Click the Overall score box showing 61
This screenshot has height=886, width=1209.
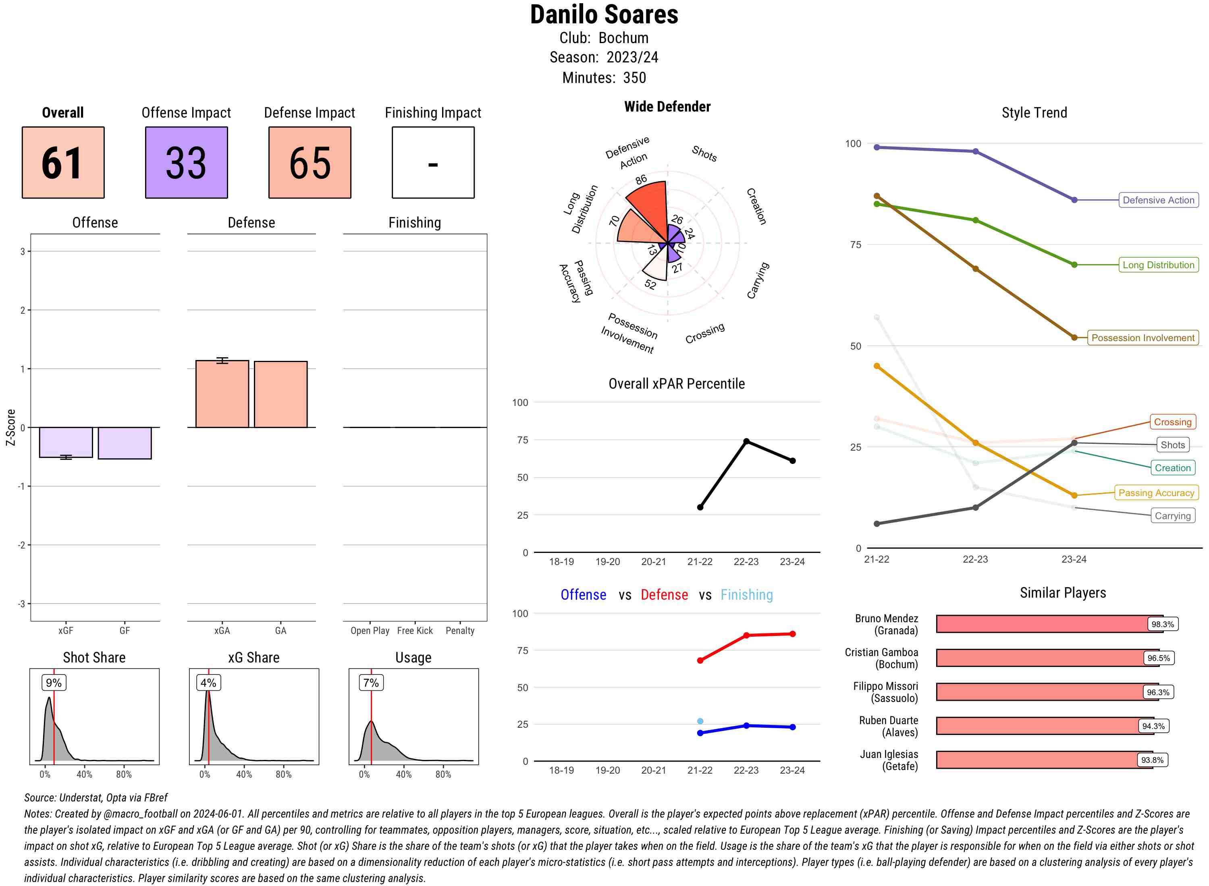63,163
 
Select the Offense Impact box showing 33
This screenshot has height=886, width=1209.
186,163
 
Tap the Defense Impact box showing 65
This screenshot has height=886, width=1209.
310,163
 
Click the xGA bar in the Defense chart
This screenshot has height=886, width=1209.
222,394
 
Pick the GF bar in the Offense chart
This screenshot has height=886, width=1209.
125,443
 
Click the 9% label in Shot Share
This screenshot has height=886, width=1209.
54,683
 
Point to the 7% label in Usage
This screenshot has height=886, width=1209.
371,683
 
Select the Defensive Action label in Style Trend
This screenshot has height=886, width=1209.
1158,200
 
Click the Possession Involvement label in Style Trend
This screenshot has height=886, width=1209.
1143,338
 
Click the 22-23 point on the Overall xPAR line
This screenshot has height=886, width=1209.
746,441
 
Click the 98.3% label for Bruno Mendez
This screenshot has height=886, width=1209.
1162,624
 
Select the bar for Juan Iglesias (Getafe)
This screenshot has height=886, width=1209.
1044,760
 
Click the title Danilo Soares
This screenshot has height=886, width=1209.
604,14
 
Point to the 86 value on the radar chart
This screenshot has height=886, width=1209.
641,179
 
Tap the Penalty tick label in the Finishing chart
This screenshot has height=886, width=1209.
460,631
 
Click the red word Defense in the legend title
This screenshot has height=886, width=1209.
664,595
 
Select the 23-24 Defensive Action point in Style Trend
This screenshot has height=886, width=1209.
1074,200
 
